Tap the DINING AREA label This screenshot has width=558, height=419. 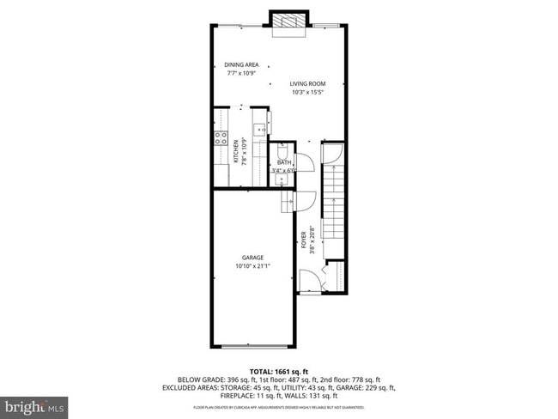tap(241, 64)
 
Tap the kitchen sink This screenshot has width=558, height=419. tap(260, 129)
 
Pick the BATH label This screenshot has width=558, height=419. tap(283, 162)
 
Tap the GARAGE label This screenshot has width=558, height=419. tap(252, 258)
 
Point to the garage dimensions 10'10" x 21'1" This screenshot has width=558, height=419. tap(252, 266)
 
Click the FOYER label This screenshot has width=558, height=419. tap(303, 240)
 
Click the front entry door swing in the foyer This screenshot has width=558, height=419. tap(309, 279)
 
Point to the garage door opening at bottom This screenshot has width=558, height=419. tap(253, 348)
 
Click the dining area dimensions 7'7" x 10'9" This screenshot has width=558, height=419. tap(241, 73)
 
